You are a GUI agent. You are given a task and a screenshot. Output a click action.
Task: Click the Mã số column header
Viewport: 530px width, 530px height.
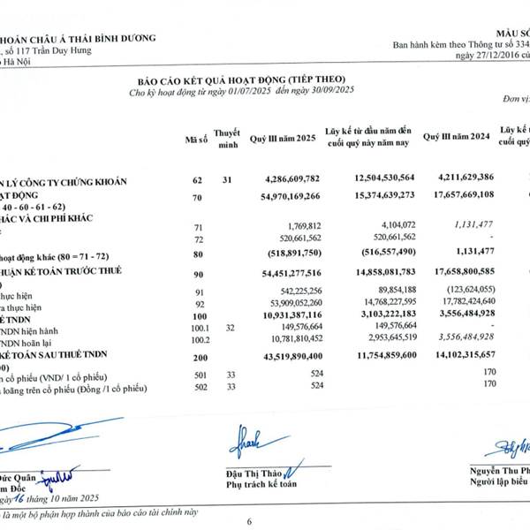(x=196, y=140)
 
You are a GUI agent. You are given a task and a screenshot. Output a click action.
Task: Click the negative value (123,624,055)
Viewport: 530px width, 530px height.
(x=459, y=290)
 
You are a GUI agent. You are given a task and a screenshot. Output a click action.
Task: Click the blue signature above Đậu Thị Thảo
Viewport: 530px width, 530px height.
(x=251, y=440)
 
